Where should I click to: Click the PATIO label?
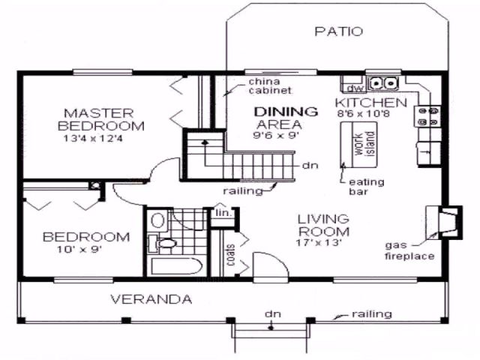tap(338, 31)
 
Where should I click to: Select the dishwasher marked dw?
tap(355, 88)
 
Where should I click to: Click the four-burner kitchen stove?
tap(427, 116)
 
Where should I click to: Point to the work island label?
tap(364, 144)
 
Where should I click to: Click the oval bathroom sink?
tap(157, 220)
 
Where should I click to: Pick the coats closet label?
tap(230, 255)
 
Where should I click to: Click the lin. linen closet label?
tap(223, 213)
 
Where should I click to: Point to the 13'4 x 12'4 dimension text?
tap(93, 138)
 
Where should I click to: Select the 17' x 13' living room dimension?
tap(318, 243)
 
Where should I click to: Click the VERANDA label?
tap(151, 299)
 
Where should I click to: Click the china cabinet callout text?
tap(270, 86)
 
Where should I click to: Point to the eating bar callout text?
tap(367, 187)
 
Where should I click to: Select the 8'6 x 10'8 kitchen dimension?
tap(363, 114)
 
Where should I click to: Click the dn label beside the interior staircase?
tap(310, 166)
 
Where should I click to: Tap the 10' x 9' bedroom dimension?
tap(79, 250)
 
